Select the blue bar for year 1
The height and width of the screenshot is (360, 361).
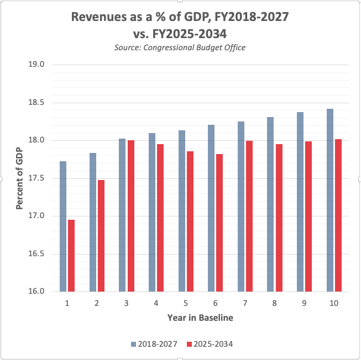pos(63,226)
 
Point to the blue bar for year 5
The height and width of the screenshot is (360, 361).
pos(182,210)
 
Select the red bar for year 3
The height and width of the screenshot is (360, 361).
pos(130,215)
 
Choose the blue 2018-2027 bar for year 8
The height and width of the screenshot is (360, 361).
pos(270,204)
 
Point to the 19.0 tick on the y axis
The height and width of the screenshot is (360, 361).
pos(36,65)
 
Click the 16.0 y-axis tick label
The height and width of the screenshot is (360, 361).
pos(36,292)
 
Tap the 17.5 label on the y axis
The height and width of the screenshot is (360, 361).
pos(36,178)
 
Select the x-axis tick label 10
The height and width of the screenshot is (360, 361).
pos(333,303)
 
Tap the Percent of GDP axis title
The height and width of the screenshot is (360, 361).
pos(19,178)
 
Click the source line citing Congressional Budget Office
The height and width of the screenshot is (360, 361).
pos(180,48)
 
